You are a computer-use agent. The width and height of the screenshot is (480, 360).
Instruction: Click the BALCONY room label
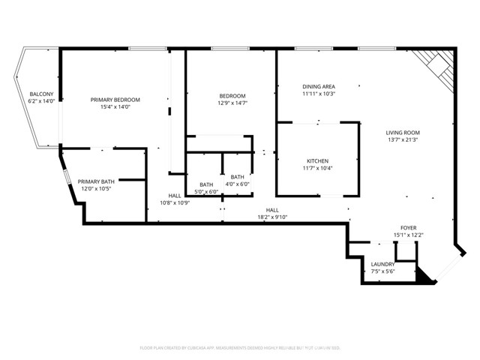42,93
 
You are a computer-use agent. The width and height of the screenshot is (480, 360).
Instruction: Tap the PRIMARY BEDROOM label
115,100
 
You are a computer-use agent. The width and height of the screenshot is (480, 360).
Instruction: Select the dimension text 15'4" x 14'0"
115,107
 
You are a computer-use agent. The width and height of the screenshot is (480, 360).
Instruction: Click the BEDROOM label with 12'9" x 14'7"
232,96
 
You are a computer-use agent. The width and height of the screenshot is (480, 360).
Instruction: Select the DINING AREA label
318,87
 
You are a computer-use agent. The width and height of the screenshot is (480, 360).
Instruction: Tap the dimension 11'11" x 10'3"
318,94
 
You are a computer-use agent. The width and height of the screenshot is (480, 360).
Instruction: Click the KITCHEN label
318,161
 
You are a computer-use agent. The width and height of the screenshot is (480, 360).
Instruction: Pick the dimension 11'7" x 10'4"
318,169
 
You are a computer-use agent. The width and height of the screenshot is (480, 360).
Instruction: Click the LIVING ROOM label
403,132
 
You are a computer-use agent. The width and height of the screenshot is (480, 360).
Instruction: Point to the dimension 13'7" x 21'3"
403,139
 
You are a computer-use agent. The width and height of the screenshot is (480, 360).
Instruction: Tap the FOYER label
408,227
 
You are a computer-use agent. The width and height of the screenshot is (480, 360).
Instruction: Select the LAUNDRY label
382,264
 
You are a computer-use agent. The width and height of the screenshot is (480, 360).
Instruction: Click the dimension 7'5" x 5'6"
382,271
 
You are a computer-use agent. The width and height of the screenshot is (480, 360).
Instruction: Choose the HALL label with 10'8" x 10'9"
175,196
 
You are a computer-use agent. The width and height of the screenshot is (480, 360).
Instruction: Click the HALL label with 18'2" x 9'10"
272,210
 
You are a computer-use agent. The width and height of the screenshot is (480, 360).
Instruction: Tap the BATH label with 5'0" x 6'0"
206,184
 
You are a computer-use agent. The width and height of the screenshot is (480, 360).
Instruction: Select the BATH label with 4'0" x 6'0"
238,177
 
